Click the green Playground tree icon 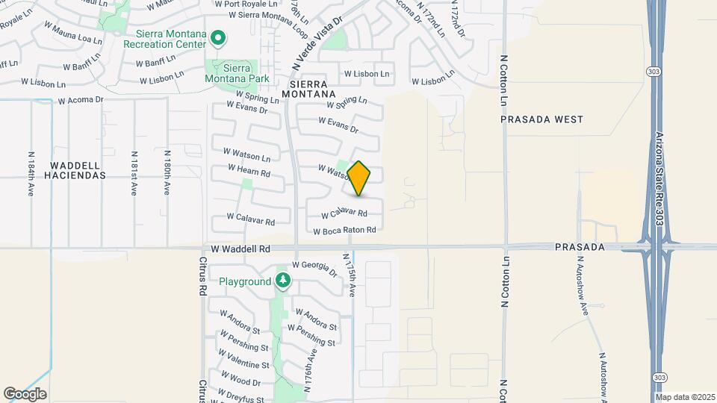[282, 281]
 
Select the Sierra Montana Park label [231, 72]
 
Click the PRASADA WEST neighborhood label [542, 119]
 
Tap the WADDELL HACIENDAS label [78, 169]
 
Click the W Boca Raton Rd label [344, 231]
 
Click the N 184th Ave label [31, 174]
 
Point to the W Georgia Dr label [314, 265]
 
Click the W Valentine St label [244, 365]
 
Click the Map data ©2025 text [685, 397]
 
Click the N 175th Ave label [350, 275]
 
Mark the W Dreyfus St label [240, 394]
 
